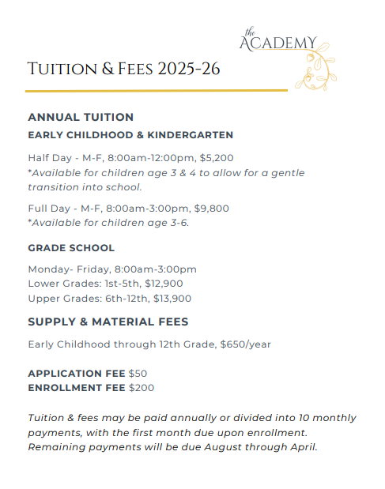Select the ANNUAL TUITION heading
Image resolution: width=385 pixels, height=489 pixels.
(x=81, y=117)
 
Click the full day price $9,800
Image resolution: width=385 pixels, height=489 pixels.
(x=213, y=209)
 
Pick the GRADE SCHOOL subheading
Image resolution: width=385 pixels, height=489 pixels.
(x=71, y=248)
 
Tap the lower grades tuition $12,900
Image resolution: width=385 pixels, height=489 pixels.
(x=166, y=284)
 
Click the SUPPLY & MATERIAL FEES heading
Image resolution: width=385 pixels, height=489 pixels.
(x=108, y=322)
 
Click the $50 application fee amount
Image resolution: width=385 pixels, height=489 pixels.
(x=138, y=373)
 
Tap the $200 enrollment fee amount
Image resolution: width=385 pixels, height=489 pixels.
(x=142, y=387)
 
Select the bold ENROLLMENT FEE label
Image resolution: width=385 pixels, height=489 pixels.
(x=77, y=387)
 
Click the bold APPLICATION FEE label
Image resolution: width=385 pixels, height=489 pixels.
(x=77, y=373)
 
